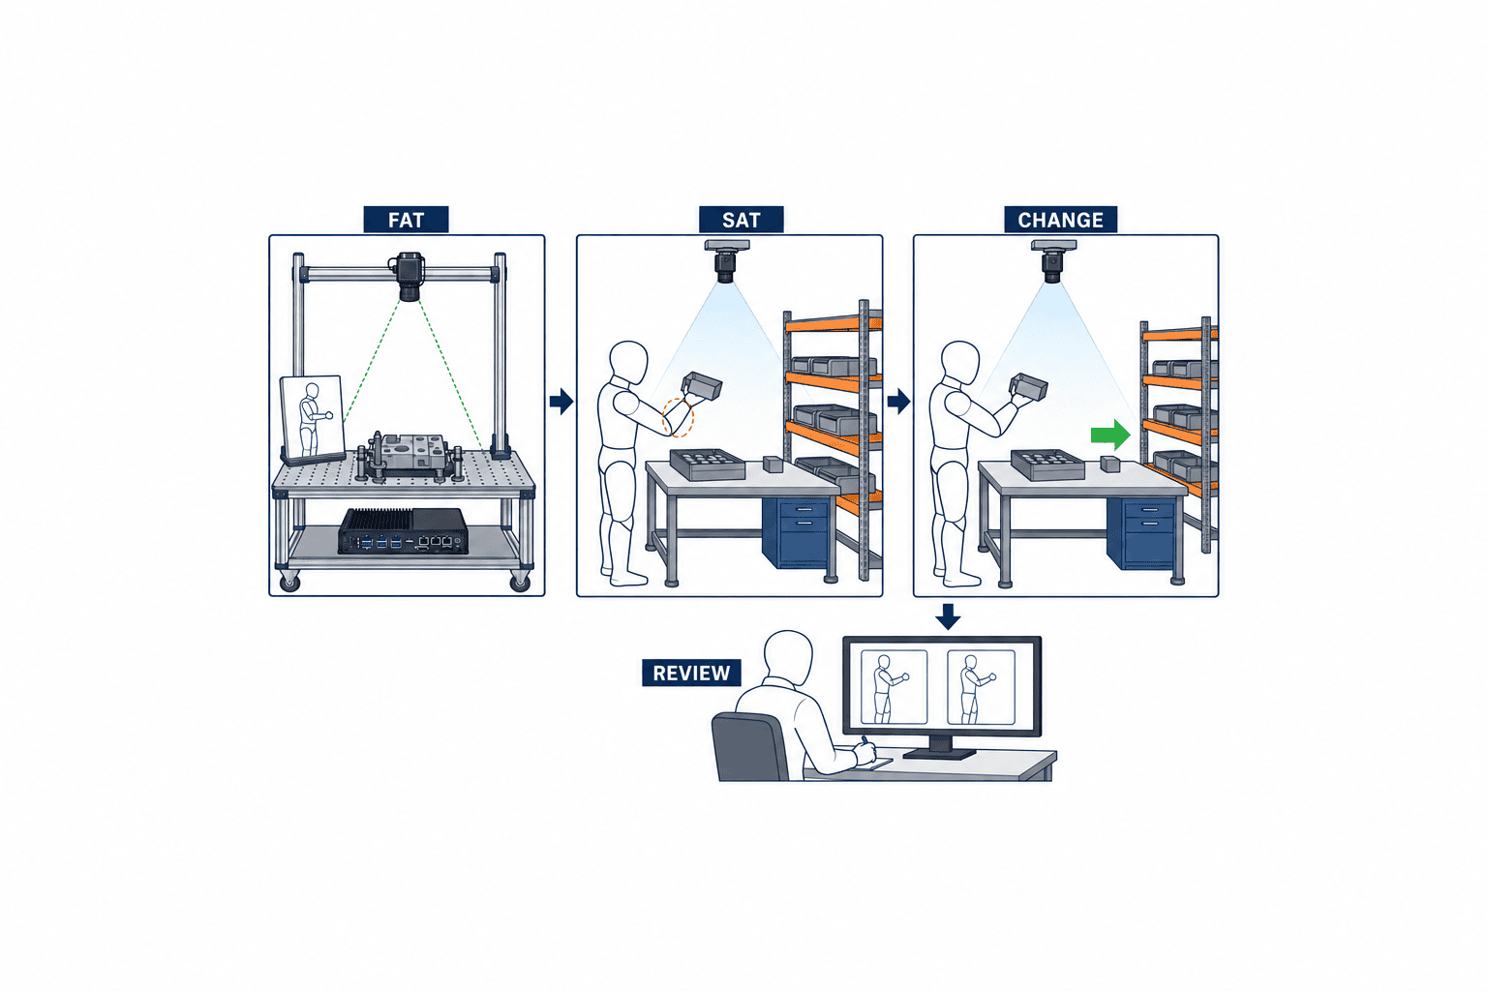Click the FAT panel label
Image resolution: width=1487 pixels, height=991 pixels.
[406, 220]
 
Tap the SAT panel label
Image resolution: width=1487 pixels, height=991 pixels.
[741, 220]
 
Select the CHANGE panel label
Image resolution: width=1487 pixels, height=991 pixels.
[1060, 220]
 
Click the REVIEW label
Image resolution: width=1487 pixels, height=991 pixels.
[691, 673]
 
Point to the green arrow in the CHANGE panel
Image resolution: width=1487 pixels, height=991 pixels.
[1110, 435]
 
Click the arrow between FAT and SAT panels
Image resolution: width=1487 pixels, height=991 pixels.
[561, 401]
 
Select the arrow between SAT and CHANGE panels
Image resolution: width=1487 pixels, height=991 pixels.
[898, 401]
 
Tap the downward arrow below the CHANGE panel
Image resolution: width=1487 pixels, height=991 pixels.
[948, 616]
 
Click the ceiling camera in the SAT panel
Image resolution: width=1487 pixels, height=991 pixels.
[726, 261]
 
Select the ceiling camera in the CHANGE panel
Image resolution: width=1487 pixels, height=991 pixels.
[1053, 261]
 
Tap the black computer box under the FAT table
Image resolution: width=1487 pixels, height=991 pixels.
[403, 531]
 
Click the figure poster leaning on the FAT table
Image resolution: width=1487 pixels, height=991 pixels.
[313, 418]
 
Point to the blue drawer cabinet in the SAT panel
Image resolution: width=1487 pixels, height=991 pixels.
[795, 532]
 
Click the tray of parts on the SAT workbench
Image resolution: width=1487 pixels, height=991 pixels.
[707, 464]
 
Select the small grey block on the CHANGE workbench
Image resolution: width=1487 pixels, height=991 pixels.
[1110, 464]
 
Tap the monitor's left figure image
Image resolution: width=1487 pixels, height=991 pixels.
[894, 687]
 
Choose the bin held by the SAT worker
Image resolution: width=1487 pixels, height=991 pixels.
[702, 385]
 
